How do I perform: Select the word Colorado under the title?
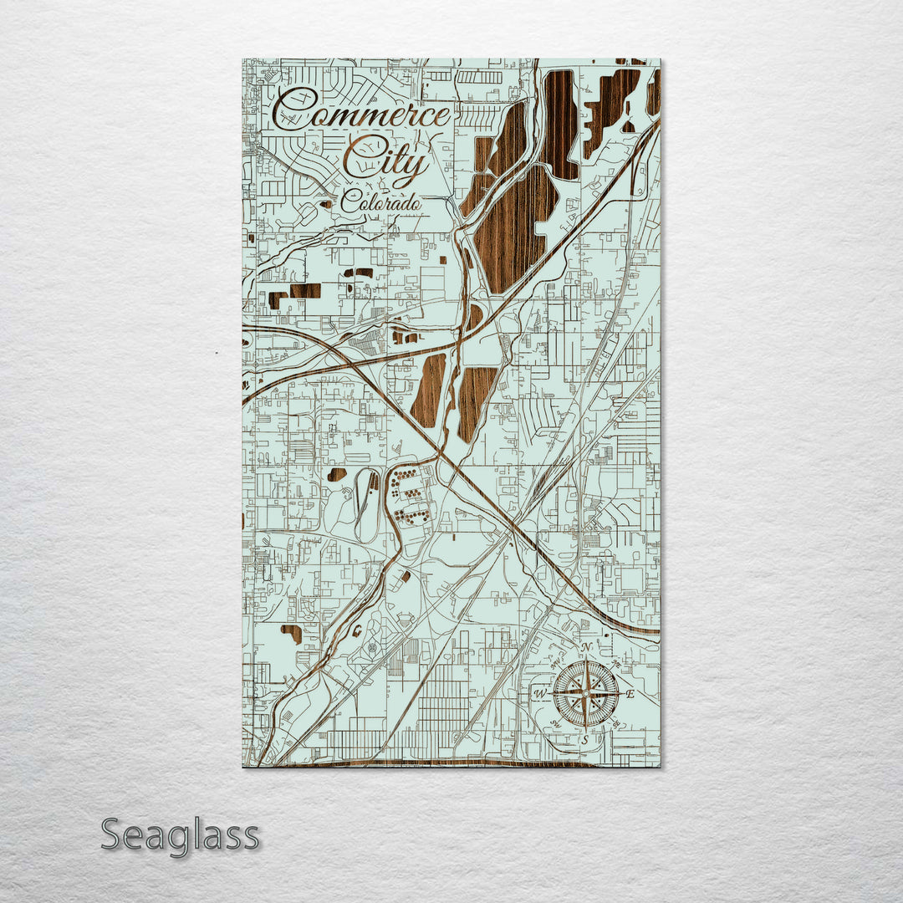point(380,202)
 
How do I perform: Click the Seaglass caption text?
point(180,835)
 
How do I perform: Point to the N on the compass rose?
point(587,648)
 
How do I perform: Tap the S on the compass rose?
point(585,739)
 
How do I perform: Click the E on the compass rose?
point(630,694)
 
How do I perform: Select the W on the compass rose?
point(540,694)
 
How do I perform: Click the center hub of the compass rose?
point(585,693)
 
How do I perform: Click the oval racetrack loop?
point(366,503)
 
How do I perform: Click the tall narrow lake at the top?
point(560,124)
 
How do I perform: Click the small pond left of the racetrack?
point(337,474)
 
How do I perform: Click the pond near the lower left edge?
point(291,633)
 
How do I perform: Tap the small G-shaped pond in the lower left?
point(358,629)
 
